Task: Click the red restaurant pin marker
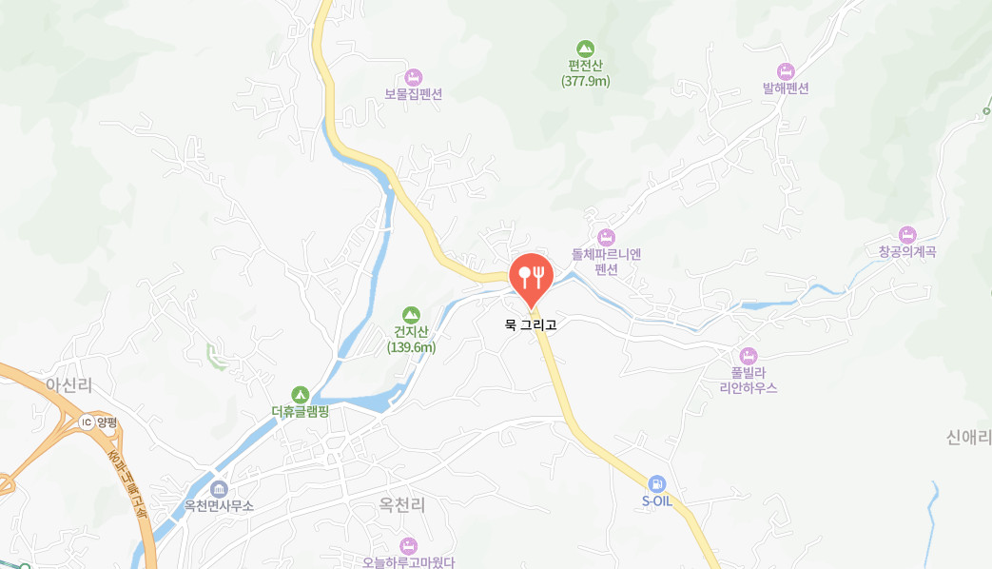click(531, 276)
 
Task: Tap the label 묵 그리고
click(531, 324)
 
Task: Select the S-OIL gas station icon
click(656, 483)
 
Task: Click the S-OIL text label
click(656, 501)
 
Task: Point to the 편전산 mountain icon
click(585, 48)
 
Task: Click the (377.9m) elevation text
click(585, 82)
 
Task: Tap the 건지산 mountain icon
click(411, 314)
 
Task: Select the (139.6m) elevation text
click(411, 347)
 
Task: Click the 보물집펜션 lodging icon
click(413, 77)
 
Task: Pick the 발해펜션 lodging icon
click(786, 70)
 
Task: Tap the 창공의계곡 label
click(907, 252)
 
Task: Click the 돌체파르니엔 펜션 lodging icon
click(606, 237)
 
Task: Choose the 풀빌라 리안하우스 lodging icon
click(749, 355)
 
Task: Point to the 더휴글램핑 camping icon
click(300, 394)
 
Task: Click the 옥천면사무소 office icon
click(219, 489)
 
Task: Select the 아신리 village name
click(68, 383)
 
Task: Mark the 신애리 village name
click(968, 437)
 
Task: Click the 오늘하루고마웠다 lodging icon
click(409, 545)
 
